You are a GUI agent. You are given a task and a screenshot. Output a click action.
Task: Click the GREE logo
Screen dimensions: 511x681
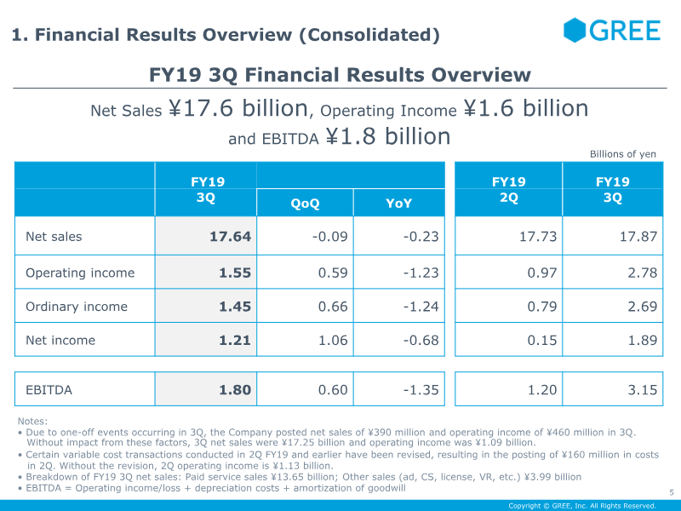point(612,31)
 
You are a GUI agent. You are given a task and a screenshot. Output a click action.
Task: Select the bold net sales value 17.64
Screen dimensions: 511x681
point(230,237)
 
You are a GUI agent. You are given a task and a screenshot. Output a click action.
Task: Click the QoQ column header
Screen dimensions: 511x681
point(305,204)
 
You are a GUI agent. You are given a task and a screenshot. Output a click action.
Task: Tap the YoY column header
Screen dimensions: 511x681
point(398,204)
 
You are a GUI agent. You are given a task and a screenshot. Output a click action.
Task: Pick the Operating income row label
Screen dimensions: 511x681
point(80,273)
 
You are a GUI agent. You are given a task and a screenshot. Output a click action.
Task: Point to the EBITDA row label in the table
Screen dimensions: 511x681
point(49,390)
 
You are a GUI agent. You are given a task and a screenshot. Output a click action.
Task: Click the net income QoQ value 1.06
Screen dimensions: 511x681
point(333,341)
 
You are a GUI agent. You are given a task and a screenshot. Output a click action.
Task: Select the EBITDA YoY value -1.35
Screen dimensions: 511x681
point(421,390)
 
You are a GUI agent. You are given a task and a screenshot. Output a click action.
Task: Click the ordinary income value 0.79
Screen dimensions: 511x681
point(542,307)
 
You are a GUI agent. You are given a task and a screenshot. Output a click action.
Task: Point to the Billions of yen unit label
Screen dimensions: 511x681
point(623,154)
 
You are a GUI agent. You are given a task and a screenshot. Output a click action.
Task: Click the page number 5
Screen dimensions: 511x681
point(671,491)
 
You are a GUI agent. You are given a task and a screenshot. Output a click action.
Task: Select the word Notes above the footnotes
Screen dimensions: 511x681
point(32,421)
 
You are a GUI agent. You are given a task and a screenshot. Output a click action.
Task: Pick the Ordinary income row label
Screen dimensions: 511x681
point(77,307)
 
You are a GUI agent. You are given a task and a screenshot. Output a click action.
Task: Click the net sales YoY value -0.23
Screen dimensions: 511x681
point(421,237)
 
